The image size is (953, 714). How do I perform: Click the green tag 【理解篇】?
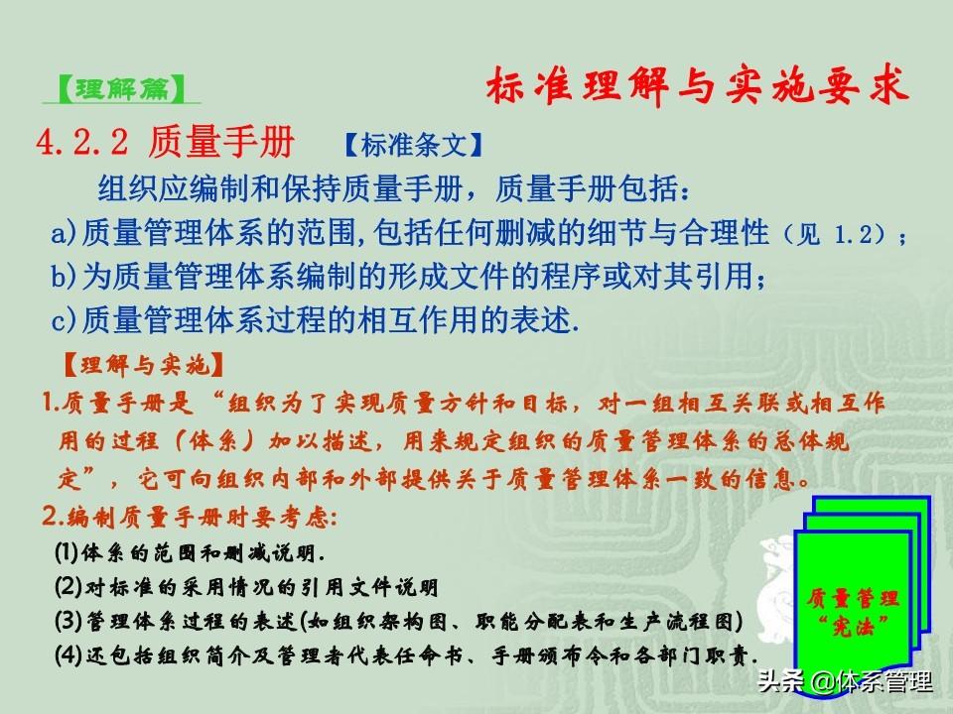[121, 88]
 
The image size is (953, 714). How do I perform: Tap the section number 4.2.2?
[82, 142]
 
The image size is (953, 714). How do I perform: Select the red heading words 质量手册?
[221, 142]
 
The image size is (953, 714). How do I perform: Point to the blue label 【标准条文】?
[413, 145]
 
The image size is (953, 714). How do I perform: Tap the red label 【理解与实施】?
[143, 365]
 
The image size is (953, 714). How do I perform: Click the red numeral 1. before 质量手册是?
[50, 403]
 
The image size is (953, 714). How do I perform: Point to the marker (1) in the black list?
[67, 552]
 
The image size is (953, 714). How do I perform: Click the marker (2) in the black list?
[68, 586]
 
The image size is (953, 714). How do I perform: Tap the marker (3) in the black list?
[68, 621]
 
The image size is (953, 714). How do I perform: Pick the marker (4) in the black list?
[68, 654]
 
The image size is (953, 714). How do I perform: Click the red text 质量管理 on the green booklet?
[853, 599]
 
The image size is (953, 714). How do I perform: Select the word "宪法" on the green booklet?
[853, 626]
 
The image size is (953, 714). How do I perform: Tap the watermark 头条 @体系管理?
[845, 681]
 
